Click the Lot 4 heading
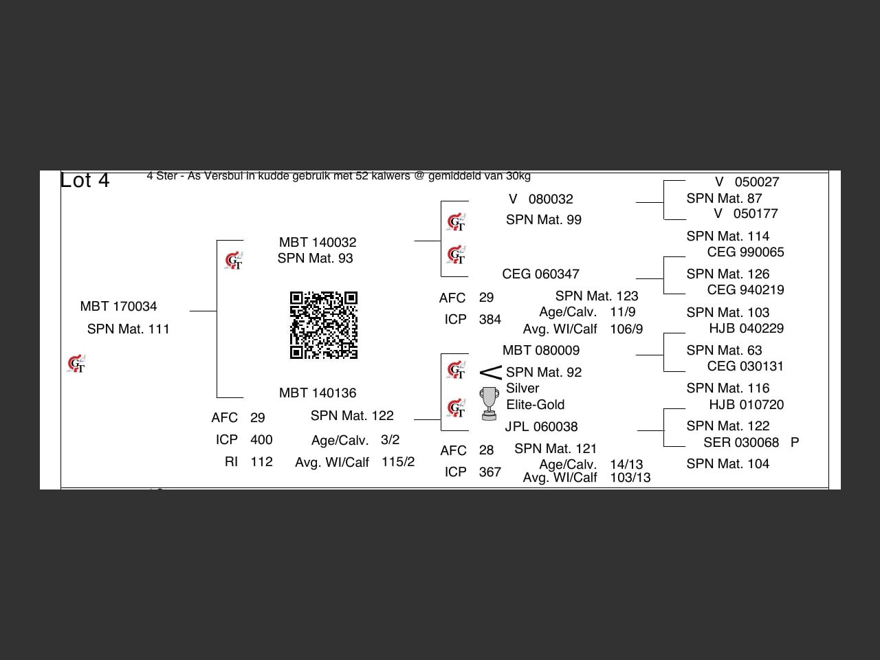(x=85, y=180)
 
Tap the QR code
(x=323, y=325)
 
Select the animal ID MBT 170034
(x=118, y=306)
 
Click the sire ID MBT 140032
(x=318, y=242)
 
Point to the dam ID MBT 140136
(x=318, y=393)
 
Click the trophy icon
(x=489, y=403)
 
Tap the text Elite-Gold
(x=535, y=404)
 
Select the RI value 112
(x=261, y=461)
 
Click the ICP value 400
(x=261, y=439)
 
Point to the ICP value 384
(x=489, y=319)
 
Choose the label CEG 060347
(x=540, y=274)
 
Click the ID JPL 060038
(x=541, y=426)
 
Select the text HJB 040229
(x=746, y=328)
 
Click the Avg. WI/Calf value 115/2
(x=397, y=461)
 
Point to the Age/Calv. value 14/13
(x=626, y=464)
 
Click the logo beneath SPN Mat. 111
(x=76, y=364)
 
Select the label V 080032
(x=540, y=199)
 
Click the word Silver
(x=522, y=388)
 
